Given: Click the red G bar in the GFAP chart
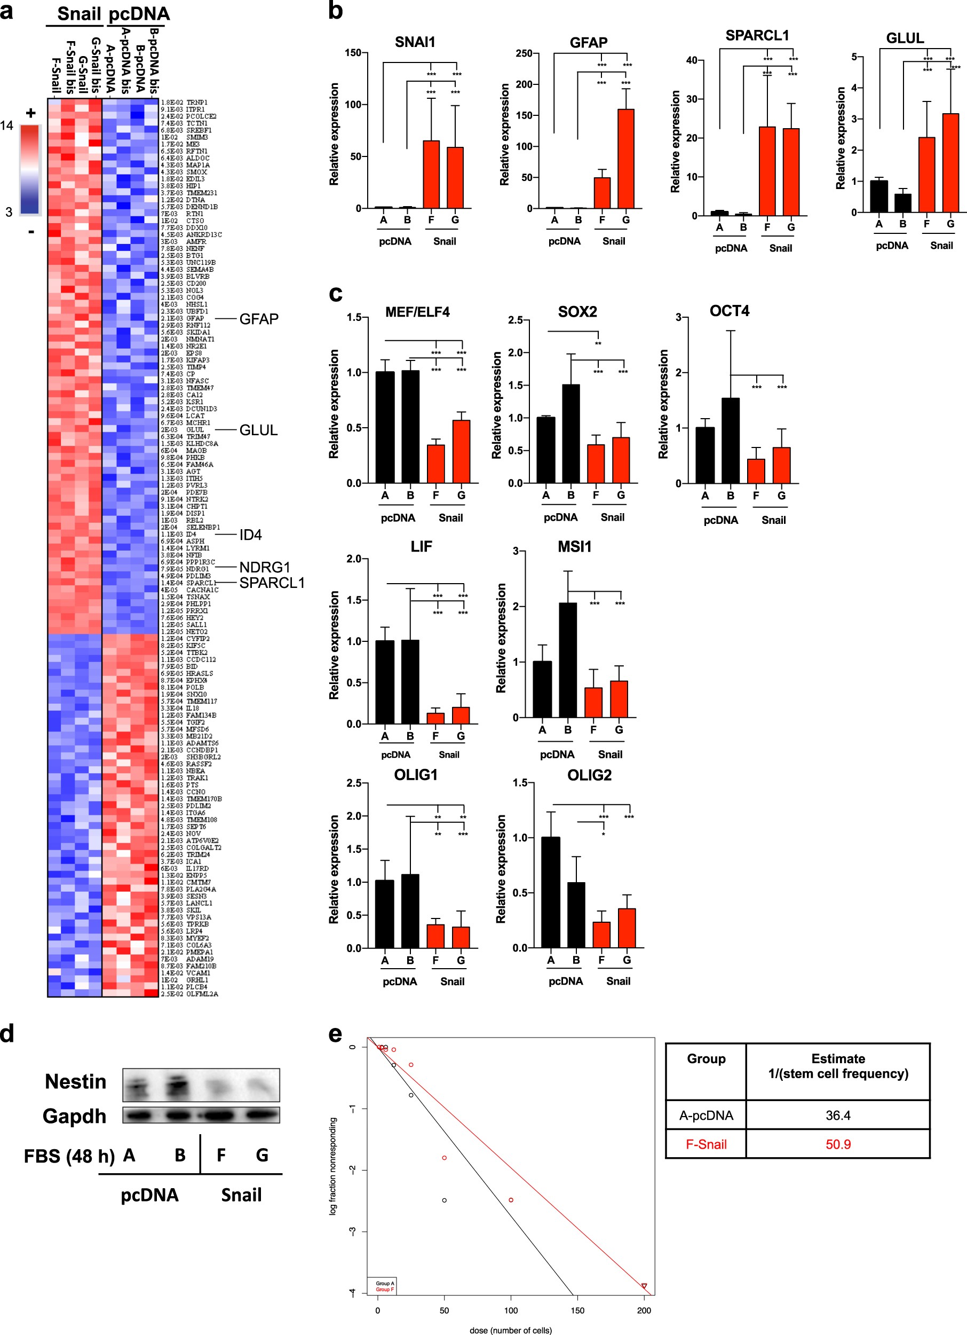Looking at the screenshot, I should click(x=626, y=159).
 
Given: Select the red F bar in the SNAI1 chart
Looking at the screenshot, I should click(x=431, y=174).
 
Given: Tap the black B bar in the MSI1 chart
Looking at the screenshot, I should click(x=568, y=660).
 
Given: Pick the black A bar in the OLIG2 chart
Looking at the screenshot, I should click(x=551, y=892).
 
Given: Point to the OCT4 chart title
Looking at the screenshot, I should click(x=729, y=311).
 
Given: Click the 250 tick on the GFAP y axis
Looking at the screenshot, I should click(x=524, y=53).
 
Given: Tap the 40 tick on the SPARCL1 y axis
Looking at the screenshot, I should click(x=691, y=60).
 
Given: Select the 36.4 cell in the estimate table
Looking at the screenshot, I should click(x=838, y=1116).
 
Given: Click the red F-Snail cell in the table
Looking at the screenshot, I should click(x=706, y=1144).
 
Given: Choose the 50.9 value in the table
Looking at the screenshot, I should click(x=838, y=1144).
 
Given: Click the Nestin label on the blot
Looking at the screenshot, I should click(x=75, y=1082).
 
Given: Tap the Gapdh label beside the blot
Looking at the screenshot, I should click(x=74, y=1116).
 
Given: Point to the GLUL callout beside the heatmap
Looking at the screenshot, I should click(x=258, y=430).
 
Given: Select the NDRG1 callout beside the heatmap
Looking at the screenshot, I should click(x=265, y=568).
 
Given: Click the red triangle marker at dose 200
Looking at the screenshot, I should click(x=644, y=1287).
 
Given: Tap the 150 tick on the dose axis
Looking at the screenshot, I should click(x=577, y=1310).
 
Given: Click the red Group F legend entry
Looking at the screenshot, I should click(x=385, y=1290).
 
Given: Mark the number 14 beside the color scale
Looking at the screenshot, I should click(x=6, y=125).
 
